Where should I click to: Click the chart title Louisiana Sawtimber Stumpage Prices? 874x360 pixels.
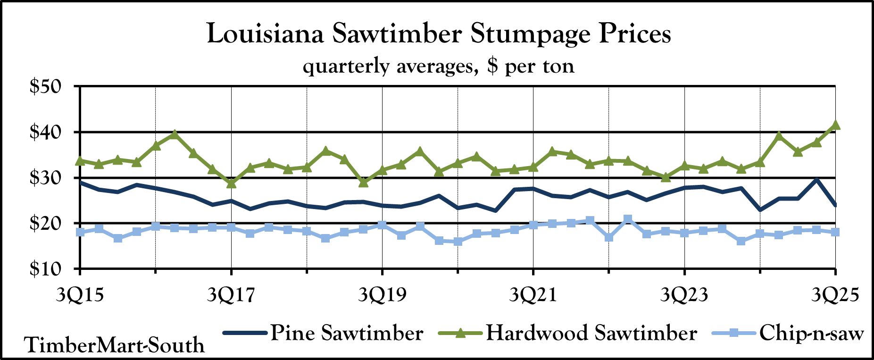[439, 34]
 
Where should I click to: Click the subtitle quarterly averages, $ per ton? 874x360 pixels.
[439, 66]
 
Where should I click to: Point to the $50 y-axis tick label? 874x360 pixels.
[46, 87]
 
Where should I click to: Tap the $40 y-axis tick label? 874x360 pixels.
[46, 133]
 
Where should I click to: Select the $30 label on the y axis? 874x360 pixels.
[46, 178]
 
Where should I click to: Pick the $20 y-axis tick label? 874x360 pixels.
[46, 224]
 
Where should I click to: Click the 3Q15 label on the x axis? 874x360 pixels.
[80, 295]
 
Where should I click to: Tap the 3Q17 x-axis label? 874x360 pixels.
[231, 295]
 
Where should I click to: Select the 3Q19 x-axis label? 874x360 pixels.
[382, 295]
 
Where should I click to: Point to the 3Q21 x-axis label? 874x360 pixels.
[533, 295]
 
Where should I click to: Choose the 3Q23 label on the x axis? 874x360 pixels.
[684, 295]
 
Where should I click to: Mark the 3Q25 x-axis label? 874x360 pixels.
[835, 295]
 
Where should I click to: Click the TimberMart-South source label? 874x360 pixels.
[114, 345]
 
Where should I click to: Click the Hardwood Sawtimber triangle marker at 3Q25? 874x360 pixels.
[835, 125]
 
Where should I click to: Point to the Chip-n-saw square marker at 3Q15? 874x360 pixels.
[80, 232]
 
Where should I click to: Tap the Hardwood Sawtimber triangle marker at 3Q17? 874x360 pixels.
[231, 183]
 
